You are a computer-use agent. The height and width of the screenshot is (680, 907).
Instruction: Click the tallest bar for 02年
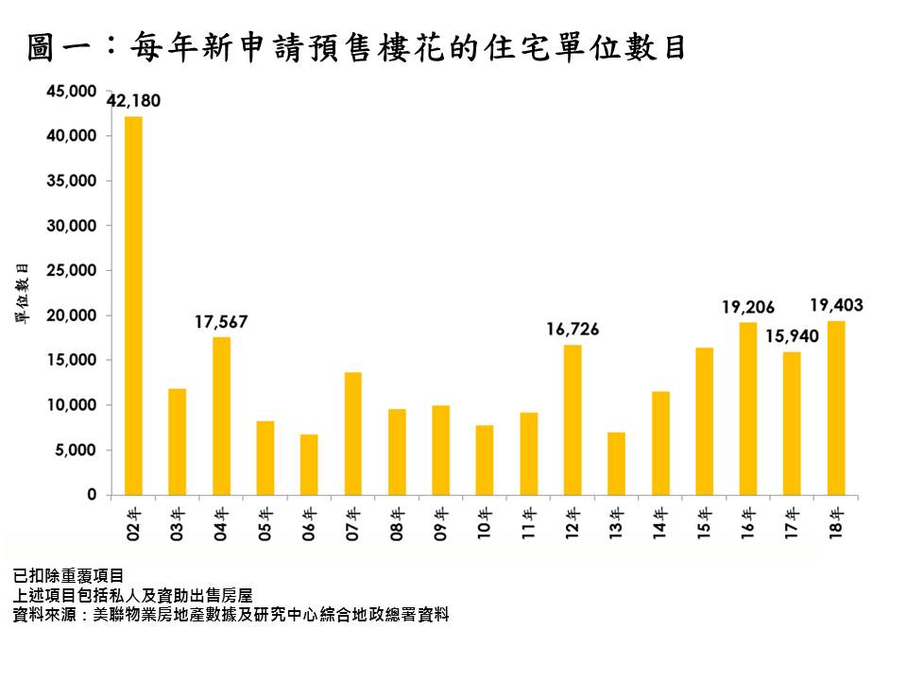[x=133, y=305]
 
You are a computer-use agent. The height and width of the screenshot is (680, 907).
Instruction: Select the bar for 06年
[x=309, y=465]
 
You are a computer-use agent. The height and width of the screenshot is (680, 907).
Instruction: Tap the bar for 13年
[x=616, y=464]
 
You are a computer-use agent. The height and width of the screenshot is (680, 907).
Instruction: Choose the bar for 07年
[x=353, y=433]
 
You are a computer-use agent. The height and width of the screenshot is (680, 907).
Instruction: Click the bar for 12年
[x=573, y=419]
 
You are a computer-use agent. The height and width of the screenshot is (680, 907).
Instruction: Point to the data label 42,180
[x=133, y=101]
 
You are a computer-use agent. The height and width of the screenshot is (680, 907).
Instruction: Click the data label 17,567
[x=221, y=322]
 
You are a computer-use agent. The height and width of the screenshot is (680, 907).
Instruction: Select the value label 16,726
[x=573, y=330]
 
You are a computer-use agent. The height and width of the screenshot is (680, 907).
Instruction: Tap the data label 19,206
[x=748, y=307]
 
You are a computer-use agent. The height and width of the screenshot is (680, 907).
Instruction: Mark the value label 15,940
[x=792, y=336]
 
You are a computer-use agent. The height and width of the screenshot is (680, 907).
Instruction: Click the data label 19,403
[x=836, y=305]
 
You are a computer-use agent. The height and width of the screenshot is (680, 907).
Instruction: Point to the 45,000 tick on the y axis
[x=71, y=91]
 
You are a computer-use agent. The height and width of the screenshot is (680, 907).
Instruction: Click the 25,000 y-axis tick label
[x=71, y=270]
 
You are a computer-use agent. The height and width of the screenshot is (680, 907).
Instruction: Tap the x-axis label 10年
[x=485, y=522]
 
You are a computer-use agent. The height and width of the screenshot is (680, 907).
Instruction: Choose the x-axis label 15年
[x=704, y=522]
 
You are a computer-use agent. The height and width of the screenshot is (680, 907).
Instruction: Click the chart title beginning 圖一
[x=357, y=47]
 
